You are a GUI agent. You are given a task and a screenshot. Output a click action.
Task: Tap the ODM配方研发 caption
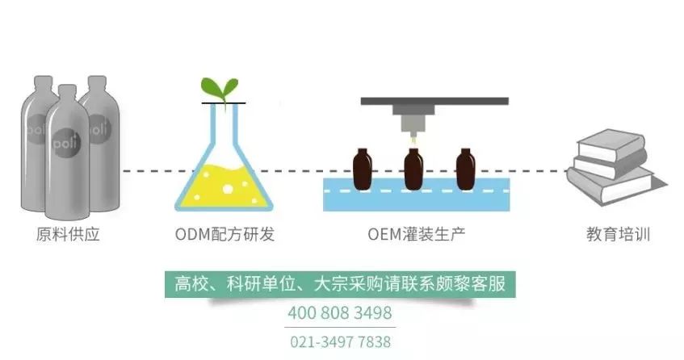(x=225, y=236)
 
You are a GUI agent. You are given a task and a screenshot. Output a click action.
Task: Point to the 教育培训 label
(x=619, y=236)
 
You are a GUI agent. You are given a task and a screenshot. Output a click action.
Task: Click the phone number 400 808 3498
(x=339, y=312)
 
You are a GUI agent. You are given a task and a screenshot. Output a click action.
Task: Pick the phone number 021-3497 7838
(x=339, y=341)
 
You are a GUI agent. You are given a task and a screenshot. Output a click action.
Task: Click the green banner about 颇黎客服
(x=339, y=284)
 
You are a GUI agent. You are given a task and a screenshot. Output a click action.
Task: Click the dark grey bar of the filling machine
(x=434, y=102)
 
